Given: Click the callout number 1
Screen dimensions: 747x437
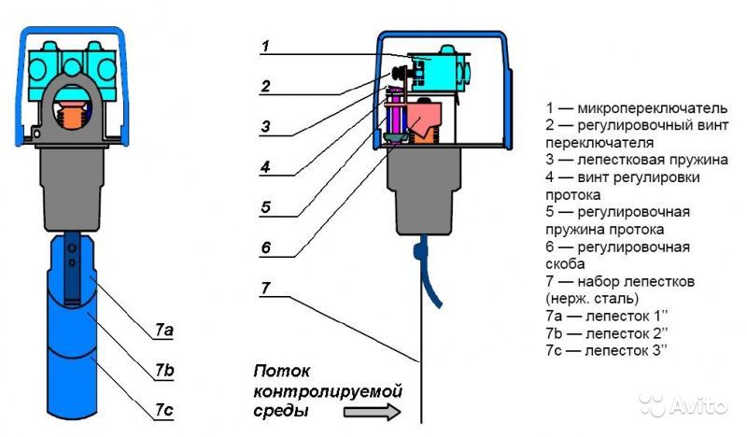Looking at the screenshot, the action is (266, 47).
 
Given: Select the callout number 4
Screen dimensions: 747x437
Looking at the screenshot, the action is (266, 167).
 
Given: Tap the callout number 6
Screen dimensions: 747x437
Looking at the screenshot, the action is (266, 247).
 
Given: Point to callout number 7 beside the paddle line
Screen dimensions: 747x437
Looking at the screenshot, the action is (266, 288).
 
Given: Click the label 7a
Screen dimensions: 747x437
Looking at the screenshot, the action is (164, 330).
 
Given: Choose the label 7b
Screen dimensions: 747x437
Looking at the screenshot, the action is (164, 370).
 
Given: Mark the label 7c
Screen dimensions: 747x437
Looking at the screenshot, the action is (164, 410).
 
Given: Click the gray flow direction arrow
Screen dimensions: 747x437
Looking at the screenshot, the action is (373, 412).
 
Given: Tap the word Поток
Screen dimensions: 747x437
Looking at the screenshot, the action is (282, 371).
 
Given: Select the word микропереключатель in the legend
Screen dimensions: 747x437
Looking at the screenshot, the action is (652, 108).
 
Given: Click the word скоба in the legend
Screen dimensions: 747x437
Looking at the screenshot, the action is (565, 264).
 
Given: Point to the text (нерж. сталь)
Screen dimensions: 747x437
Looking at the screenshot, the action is (592, 299).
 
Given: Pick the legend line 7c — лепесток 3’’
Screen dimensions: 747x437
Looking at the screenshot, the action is (606, 350).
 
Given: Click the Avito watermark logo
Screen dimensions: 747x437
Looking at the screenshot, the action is (684, 405).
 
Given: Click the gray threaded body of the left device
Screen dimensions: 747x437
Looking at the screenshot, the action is (72, 190).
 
